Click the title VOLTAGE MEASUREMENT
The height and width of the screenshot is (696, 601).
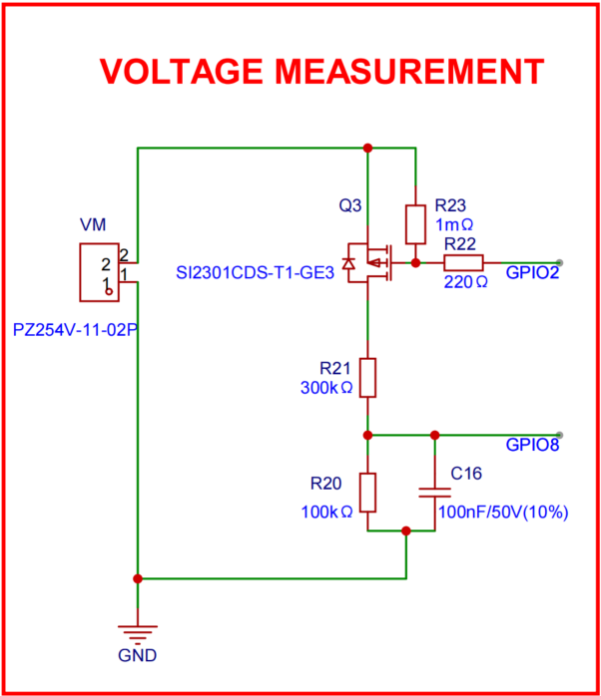click(321, 71)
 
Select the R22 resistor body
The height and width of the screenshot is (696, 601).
click(463, 263)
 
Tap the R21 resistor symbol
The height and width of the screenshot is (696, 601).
click(368, 378)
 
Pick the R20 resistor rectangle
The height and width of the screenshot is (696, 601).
click(368, 492)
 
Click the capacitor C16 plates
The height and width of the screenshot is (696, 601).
click(434, 492)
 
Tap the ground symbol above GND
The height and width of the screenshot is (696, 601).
click(138, 631)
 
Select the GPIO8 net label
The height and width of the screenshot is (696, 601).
click(532, 446)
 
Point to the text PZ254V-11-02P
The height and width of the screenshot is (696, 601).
click(75, 328)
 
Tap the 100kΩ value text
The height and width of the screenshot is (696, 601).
click(326, 512)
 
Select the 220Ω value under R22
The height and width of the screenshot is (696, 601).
click(464, 281)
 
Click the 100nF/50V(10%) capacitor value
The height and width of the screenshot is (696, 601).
click(502, 513)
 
